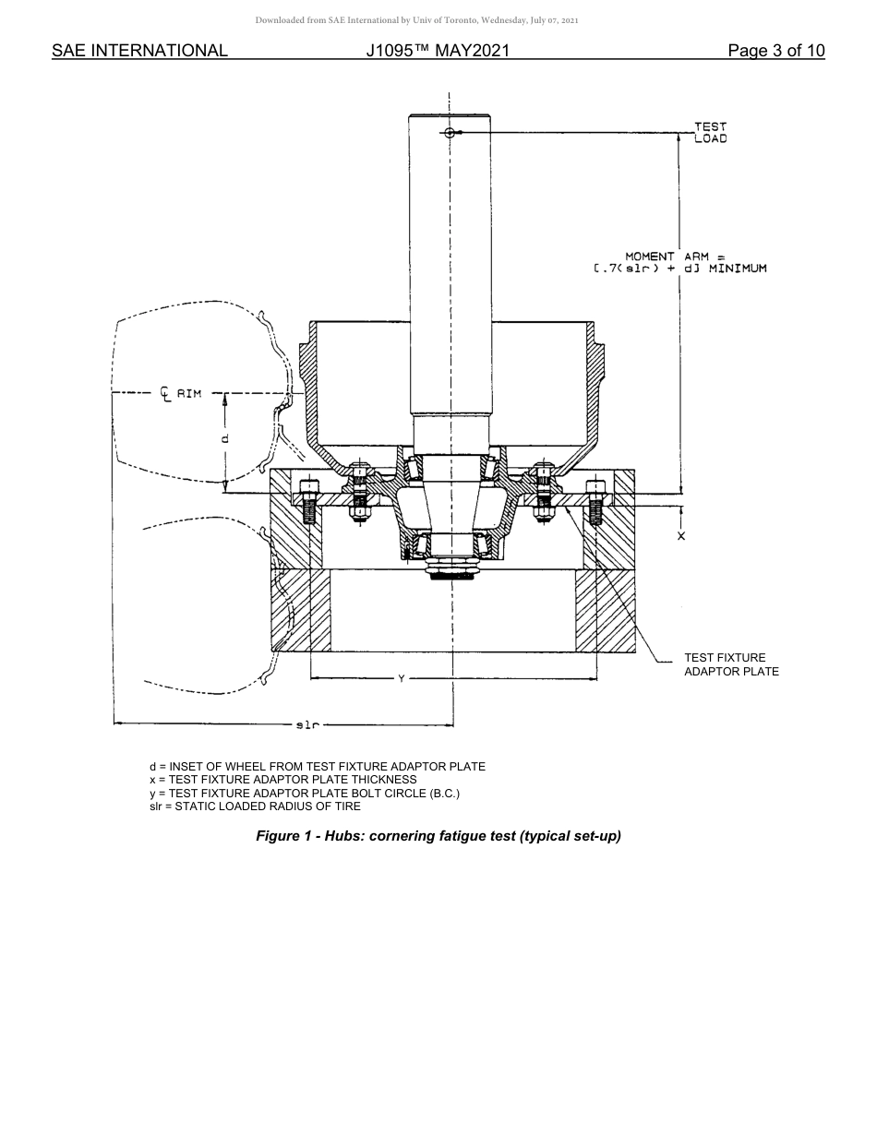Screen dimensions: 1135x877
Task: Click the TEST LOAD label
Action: tap(710, 132)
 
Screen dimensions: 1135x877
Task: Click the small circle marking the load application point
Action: tap(450, 133)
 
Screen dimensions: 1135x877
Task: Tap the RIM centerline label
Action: tap(181, 394)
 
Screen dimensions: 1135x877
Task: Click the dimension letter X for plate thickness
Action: tap(681, 536)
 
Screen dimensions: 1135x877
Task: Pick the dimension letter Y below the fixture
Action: tap(401, 679)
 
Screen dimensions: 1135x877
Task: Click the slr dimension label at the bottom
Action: tap(307, 725)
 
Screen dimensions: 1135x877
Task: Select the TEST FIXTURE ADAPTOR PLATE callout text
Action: tap(730, 664)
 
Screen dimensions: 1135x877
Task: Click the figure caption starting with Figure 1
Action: tap(438, 836)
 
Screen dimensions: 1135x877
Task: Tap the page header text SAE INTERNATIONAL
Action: tap(139, 51)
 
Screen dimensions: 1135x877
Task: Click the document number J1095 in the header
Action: tap(438, 51)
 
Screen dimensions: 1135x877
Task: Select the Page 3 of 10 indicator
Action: tap(775, 51)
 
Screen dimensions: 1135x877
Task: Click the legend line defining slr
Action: tap(255, 806)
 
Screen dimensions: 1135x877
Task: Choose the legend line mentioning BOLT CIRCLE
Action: tap(304, 793)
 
